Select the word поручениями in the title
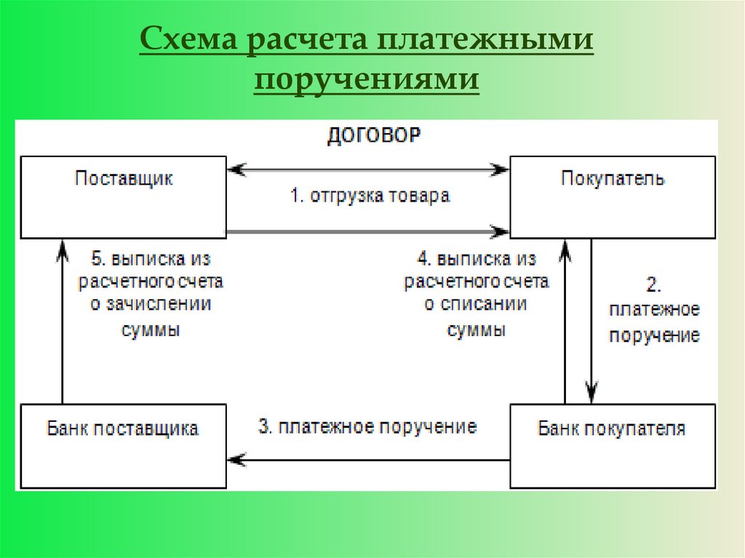click(x=367, y=81)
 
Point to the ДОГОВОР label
click(x=372, y=137)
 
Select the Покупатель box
click(x=612, y=196)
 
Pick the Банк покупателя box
click(x=612, y=446)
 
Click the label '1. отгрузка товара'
click(x=370, y=196)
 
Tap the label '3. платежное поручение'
click(x=367, y=426)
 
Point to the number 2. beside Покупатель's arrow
click(x=654, y=284)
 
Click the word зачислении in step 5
click(x=151, y=304)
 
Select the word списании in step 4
click(x=476, y=304)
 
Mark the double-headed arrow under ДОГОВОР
click(x=368, y=170)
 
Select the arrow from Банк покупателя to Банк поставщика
click(x=368, y=460)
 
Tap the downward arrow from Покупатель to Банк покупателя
click(x=592, y=320)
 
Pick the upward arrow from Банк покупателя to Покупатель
click(x=565, y=320)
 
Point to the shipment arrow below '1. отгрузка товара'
click(x=368, y=232)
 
